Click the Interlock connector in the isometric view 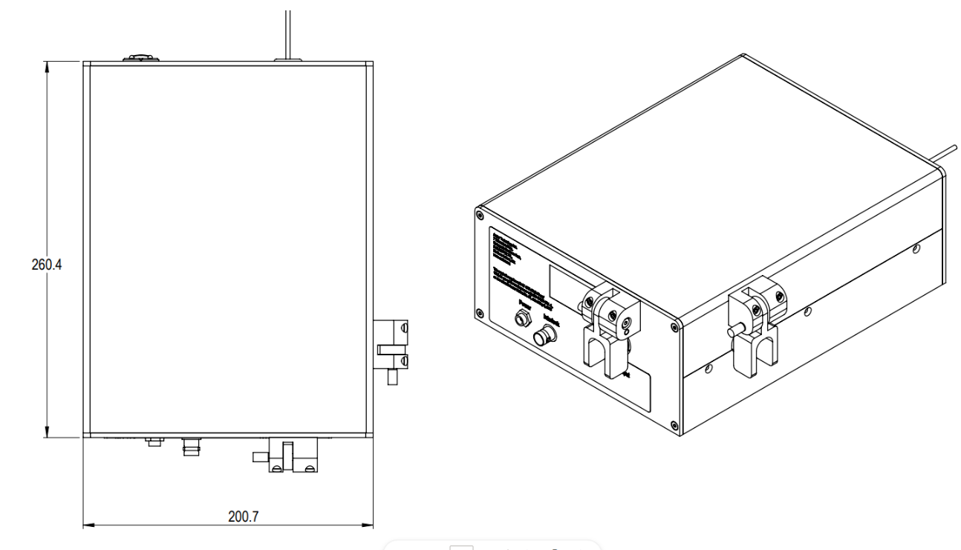(542, 337)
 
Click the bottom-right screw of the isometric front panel (674, 425)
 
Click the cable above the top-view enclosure (287, 30)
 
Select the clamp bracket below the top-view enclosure (290, 456)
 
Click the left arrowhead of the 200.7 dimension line (86, 525)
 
